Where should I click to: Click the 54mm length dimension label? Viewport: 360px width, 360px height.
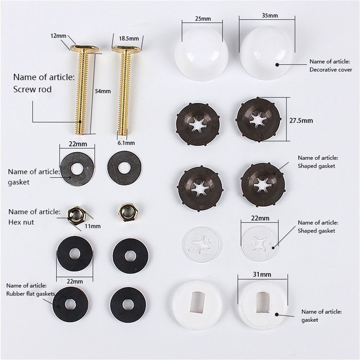pos(103,91)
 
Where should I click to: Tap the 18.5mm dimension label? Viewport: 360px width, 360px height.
pos(129,39)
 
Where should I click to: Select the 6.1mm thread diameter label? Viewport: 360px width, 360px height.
pos(126,143)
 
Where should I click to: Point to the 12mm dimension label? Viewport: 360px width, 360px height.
pos(58,36)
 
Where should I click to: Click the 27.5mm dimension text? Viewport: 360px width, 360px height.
pos(301,121)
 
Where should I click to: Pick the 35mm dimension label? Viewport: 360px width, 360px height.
pos(270,15)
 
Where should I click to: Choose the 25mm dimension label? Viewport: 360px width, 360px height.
pos(203,19)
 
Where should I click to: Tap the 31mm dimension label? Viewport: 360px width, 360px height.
pos(262,274)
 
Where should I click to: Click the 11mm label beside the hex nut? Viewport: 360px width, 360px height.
pos(93,226)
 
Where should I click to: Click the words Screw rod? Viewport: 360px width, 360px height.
pos(32,89)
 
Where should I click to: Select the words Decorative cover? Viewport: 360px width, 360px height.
pos(330,69)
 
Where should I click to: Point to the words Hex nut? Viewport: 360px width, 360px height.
pos(21,222)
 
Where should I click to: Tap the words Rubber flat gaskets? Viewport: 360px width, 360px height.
pos(31,294)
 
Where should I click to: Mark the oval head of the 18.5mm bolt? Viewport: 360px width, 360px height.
pos(126,49)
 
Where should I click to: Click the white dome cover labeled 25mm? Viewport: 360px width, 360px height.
pos(202,54)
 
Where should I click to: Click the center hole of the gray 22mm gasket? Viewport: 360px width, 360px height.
pos(77,169)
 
